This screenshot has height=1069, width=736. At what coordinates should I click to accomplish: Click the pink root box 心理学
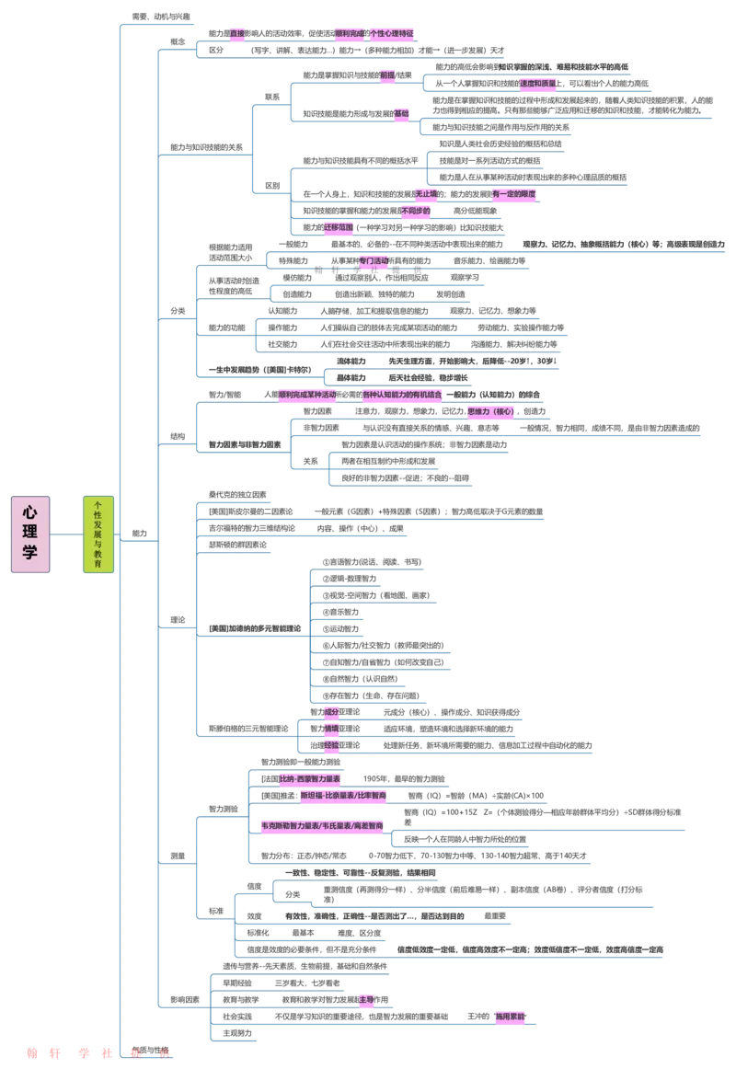click(29, 534)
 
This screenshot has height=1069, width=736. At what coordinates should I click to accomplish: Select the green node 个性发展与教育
click(98, 534)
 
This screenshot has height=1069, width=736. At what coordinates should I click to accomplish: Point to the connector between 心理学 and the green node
click(66, 534)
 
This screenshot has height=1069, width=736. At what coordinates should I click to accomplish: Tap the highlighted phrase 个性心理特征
click(393, 33)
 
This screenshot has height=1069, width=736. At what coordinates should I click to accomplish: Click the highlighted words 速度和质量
click(538, 83)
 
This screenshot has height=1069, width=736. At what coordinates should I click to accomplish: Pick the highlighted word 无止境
click(425, 193)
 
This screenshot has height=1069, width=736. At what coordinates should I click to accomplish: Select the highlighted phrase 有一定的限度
click(514, 194)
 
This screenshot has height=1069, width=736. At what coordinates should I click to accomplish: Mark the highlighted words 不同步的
click(416, 211)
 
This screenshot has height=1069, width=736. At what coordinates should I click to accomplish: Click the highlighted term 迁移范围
click(338, 226)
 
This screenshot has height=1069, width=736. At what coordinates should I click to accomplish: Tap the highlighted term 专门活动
click(374, 260)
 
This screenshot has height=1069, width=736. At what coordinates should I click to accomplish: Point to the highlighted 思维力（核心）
click(490, 411)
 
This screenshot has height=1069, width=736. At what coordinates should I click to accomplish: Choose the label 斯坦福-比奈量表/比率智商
click(343, 795)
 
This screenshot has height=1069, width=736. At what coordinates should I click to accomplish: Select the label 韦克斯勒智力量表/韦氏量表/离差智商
click(322, 826)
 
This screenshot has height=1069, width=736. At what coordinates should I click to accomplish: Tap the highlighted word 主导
click(366, 998)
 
